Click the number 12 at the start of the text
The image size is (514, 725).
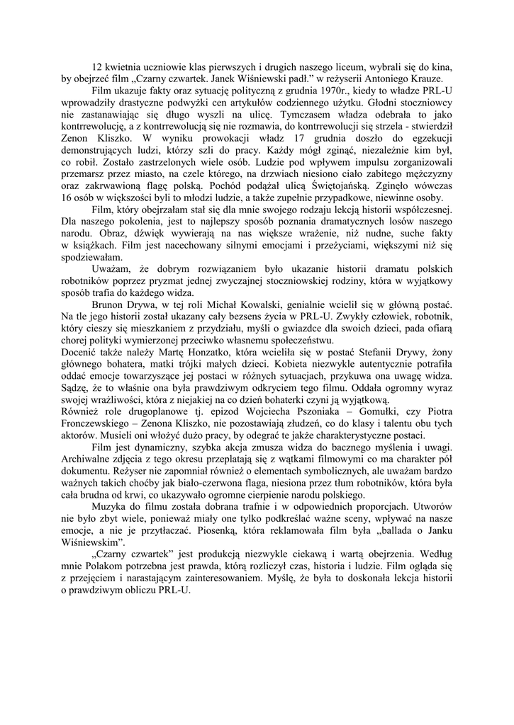(97, 65)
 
